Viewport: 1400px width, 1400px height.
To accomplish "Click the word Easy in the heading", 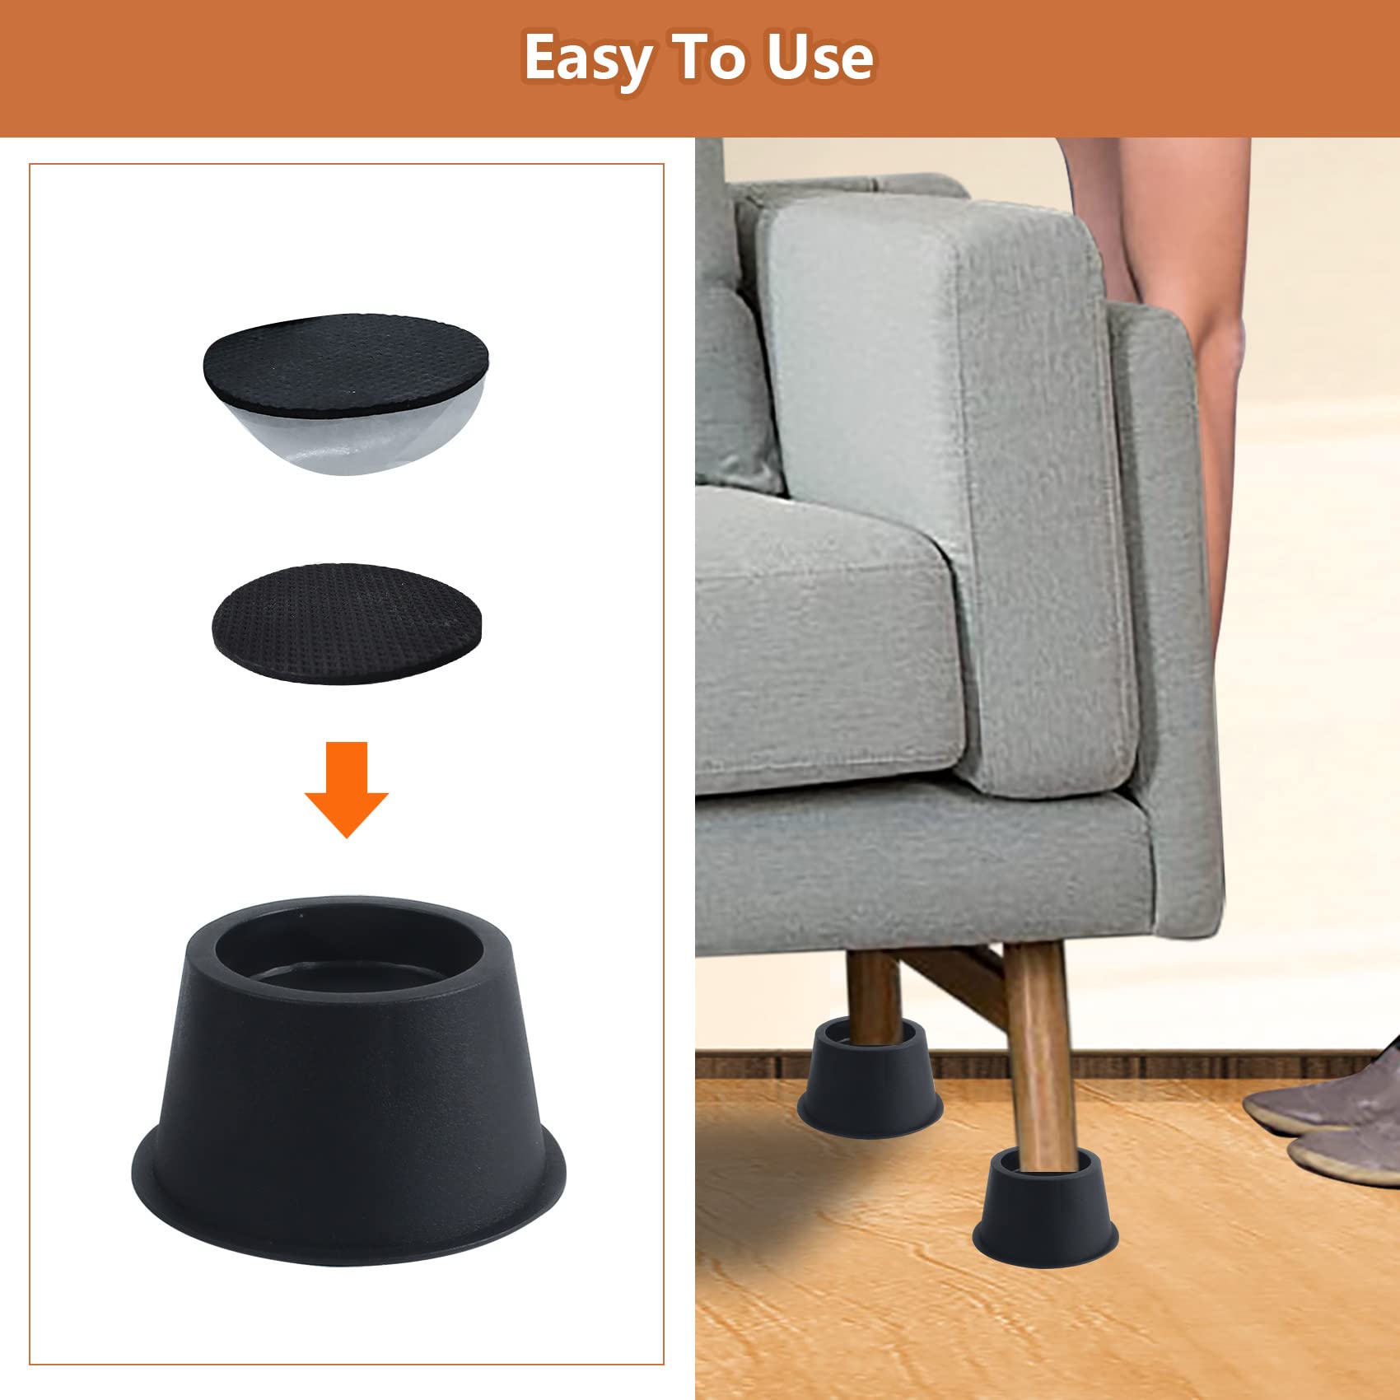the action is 588,59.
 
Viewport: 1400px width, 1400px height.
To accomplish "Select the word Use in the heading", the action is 819,58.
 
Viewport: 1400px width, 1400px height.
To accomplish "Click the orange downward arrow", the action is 347,789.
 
